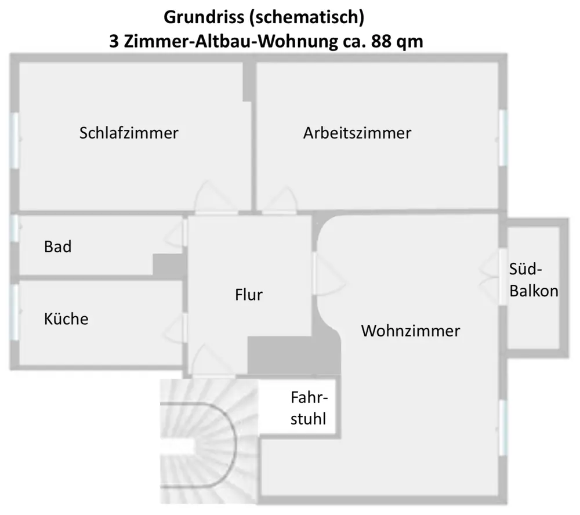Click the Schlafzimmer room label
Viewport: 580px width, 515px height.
(x=129, y=133)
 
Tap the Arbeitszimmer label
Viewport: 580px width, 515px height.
(x=357, y=133)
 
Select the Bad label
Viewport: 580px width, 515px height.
(x=58, y=246)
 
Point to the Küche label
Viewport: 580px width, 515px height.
(x=66, y=318)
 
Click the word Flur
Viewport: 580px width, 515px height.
(x=249, y=295)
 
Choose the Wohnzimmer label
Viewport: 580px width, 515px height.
(x=411, y=331)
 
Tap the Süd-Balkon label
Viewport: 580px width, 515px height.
(x=534, y=280)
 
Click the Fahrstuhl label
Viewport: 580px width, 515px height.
(x=309, y=408)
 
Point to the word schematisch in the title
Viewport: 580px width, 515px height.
(x=308, y=17)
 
